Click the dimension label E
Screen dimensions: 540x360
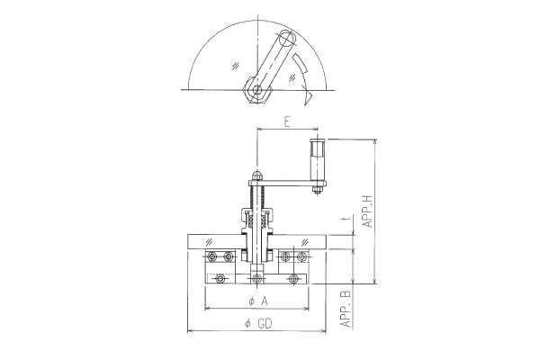click(x=287, y=121)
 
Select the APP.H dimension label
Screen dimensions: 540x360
click(x=368, y=211)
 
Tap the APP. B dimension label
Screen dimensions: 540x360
click(x=346, y=309)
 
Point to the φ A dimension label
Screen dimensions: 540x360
click(x=258, y=301)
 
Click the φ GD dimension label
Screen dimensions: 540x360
click(x=258, y=323)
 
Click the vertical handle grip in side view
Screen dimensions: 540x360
click(x=317, y=160)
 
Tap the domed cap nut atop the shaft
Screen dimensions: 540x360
click(x=256, y=175)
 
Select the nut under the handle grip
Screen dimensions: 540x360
click(x=317, y=189)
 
